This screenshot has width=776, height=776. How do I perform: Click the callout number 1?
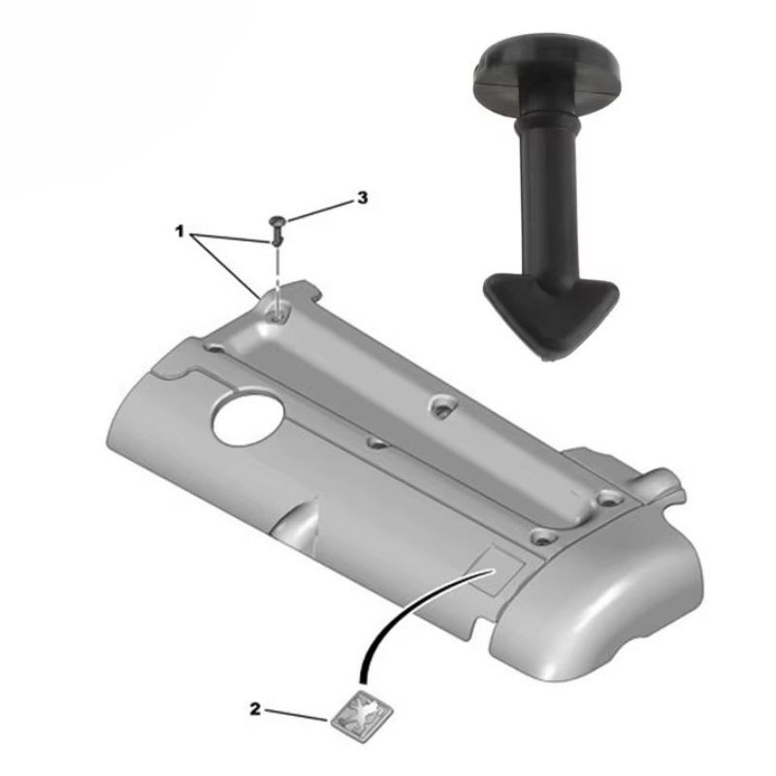(179, 231)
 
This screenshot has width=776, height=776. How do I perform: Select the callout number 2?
(254, 709)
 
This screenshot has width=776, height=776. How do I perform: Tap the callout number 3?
(363, 198)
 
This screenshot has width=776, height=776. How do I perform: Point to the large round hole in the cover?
(248, 421)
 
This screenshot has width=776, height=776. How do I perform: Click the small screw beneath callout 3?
(276, 231)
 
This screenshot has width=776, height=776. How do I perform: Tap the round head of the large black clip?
(547, 75)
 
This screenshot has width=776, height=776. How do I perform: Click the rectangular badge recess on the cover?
(497, 569)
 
